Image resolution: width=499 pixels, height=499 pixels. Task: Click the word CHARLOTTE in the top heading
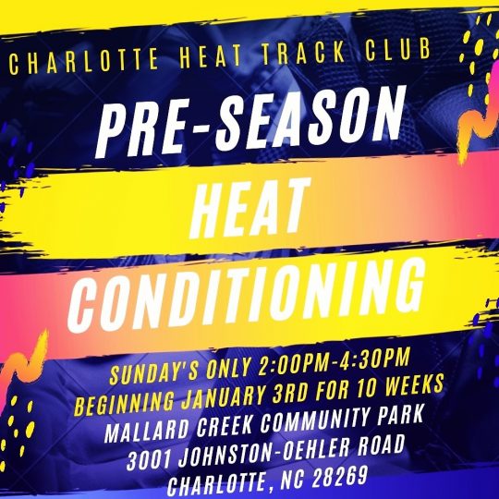[84, 61]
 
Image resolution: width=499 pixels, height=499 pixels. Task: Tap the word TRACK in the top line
[304, 52]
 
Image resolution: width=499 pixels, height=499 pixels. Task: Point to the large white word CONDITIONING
[246, 296]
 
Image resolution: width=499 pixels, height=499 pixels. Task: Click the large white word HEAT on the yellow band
[249, 210]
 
